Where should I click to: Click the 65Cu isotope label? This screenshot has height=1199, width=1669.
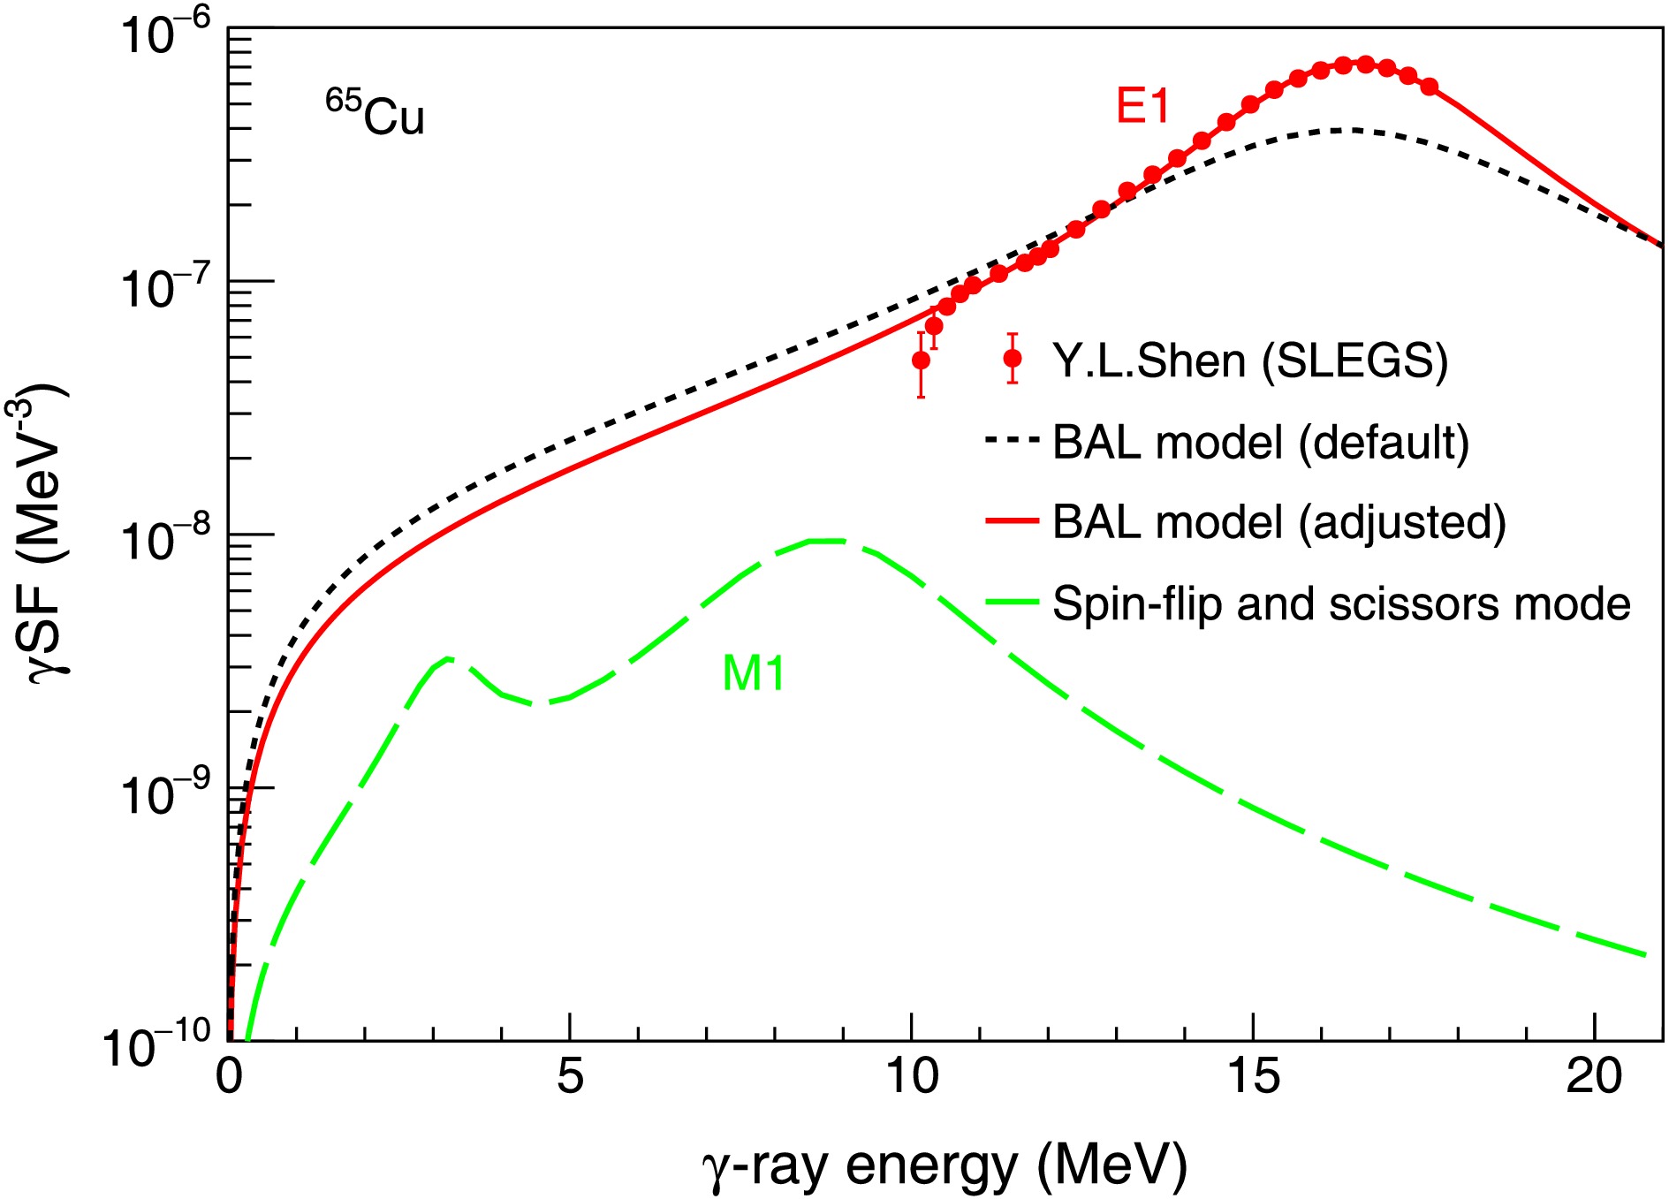[375, 114]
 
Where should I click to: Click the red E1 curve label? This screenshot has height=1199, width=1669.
[1142, 107]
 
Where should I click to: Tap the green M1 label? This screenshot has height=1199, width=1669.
[753, 674]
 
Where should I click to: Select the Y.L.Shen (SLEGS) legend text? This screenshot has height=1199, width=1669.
[1249, 360]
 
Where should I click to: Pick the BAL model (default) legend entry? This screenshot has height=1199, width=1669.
[1261, 442]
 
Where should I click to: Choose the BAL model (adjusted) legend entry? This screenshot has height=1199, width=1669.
[1278, 522]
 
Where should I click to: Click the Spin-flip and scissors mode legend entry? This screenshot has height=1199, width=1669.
[1340, 604]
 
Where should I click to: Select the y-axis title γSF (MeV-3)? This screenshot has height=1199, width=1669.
[44, 534]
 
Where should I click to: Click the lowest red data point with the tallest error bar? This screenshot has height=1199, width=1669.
[921, 360]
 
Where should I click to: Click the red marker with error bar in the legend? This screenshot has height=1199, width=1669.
[1013, 358]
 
